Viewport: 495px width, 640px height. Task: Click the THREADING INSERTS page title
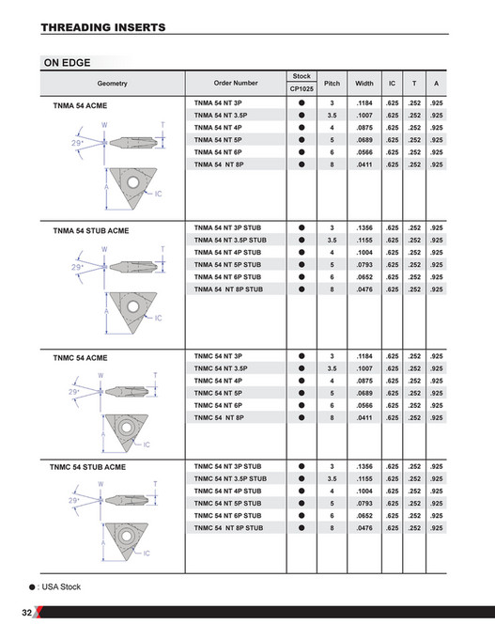point(103,28)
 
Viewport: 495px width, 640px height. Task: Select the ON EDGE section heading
point(67,63)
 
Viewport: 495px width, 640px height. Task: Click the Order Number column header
point(236,83)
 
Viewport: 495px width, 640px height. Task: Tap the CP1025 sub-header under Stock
point(302,88)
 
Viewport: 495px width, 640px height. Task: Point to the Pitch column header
point(332,83)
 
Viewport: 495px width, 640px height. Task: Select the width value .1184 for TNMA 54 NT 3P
point(365,102)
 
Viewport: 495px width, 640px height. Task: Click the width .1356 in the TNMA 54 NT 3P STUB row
point(365,228)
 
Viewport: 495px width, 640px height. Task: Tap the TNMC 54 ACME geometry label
point(81,358)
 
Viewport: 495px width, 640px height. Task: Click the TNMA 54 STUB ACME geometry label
point(91,230)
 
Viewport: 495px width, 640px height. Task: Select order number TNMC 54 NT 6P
point(218,404)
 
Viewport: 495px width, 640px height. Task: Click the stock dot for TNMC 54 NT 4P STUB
point(302,492)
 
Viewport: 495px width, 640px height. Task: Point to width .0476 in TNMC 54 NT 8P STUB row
point(365,528)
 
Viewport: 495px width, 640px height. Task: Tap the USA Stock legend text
point(59,586)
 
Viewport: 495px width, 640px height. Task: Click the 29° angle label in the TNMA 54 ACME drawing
point(77,141)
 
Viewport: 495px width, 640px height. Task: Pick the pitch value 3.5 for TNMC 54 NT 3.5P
point(332,368)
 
